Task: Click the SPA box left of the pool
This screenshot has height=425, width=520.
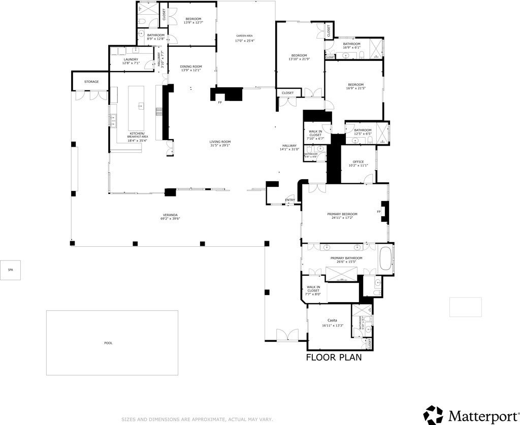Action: pos(10,270)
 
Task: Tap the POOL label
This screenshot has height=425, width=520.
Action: pos(108,343)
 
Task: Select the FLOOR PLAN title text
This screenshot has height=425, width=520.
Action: pos(334,357)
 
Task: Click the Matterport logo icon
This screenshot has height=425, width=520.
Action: pos(433,414)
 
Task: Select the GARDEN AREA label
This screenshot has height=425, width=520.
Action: pos(244,36)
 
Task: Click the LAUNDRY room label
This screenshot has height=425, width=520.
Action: pos(131,59)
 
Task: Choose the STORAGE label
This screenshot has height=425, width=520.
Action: pos(91,82)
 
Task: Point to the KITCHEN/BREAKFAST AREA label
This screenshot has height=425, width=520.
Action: pos(137,135)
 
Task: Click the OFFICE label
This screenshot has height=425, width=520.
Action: pos(358,162)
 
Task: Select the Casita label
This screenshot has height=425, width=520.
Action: pos(332,320)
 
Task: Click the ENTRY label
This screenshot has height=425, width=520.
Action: pos(290,200)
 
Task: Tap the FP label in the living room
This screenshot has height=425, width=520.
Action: pos(220,103)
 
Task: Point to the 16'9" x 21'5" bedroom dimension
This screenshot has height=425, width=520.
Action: pos(355,88)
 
